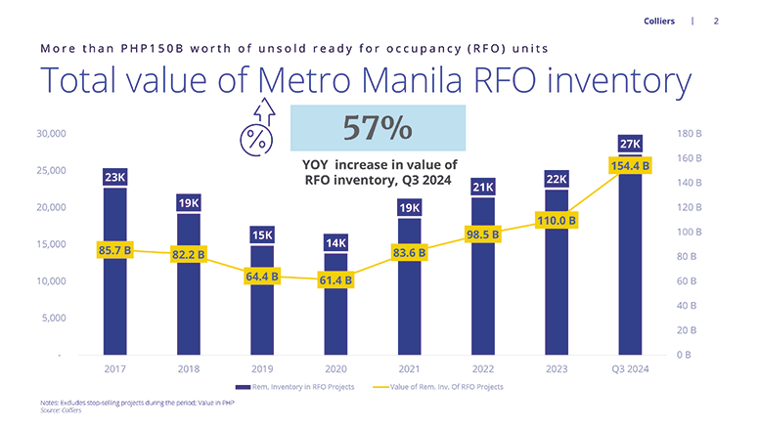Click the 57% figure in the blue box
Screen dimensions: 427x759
click(378, 128)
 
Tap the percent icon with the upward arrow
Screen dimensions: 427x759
click(256, 129)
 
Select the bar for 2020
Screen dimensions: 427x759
click(335, 303)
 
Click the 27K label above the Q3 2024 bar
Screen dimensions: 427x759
click(630, 145)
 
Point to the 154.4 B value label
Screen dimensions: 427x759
click(630, 167)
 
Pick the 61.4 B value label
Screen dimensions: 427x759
click(335, 281)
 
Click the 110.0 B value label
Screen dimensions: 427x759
click(556, 221)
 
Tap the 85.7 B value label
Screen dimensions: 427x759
click(115, 251)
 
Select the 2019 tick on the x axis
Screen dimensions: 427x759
click(262, 368)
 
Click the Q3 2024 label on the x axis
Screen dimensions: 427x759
click(630, 368)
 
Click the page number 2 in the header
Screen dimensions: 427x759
click(716, 21)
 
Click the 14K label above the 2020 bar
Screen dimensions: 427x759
click(335, 242)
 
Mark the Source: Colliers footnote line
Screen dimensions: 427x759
click(61, 410)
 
